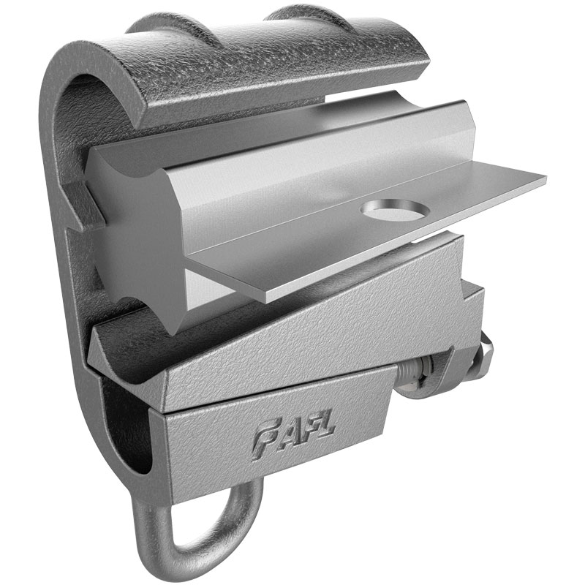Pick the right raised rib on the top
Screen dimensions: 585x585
(292, 16)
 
